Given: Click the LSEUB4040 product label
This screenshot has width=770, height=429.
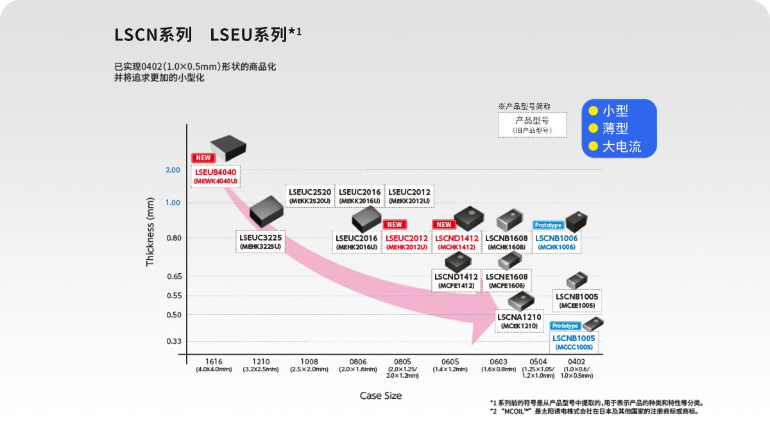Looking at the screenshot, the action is pos(216,176).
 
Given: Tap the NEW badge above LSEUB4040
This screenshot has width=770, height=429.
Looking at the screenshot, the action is pos(203,158).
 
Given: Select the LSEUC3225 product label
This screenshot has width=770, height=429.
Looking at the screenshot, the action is pos(261,242).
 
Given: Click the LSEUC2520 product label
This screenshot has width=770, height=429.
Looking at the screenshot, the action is pos(310,196).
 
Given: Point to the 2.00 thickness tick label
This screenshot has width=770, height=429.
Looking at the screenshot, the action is pos(173,170).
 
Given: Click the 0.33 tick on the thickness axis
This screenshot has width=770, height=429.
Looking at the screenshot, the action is pos(174,341).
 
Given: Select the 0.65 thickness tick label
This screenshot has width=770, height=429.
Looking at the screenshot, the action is pos(175,276).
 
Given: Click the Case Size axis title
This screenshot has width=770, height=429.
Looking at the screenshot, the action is pos(381,396).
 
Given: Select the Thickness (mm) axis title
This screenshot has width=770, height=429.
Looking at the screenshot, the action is pos(150,232).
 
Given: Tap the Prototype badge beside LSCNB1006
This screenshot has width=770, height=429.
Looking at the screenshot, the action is pos(548,225).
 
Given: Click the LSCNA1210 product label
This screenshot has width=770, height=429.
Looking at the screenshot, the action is pos(519,321).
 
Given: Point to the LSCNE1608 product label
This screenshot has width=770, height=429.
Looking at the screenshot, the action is pos(507,281).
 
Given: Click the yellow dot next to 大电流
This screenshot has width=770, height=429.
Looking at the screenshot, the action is pos(594,146).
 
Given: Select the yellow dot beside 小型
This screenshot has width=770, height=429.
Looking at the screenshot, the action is pos(594,110).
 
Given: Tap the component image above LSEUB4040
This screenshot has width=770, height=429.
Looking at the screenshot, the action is pos(228,148).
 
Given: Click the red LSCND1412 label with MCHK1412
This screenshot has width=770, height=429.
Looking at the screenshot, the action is pos(457,242).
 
